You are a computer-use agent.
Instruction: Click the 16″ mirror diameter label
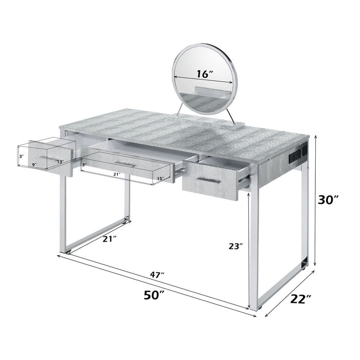coord(204,74)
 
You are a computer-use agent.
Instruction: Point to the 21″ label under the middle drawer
coord(117,174)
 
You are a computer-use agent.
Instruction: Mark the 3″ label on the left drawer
coord(21,155)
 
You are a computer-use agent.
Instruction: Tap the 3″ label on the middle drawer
coord(84,165)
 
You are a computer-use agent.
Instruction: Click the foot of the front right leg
coord(255,307)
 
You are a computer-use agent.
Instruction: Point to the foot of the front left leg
coord(63,251)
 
